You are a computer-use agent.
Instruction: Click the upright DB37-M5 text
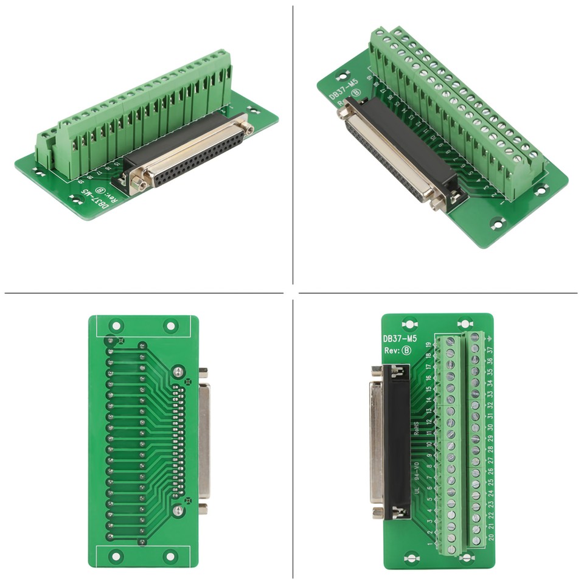[399, 339]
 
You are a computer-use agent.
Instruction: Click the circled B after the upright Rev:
[407, 350]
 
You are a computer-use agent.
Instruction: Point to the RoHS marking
[416, 429]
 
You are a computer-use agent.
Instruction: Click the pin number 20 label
[490, 537]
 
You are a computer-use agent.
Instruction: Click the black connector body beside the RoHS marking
[399, 438]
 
